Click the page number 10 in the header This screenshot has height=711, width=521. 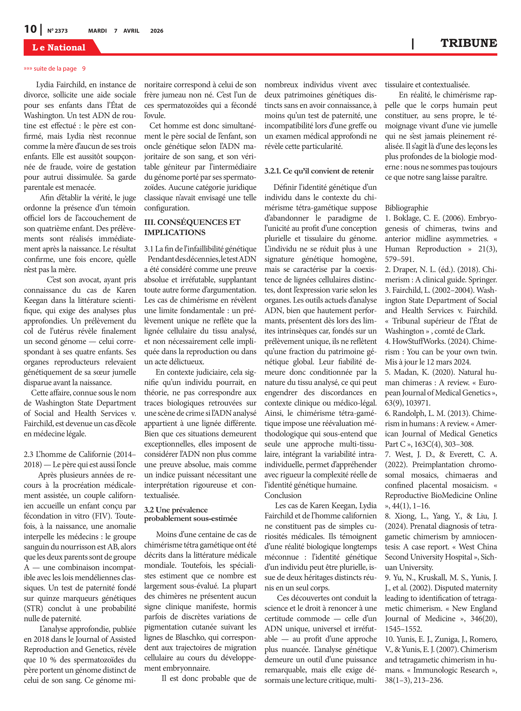click(30, 29)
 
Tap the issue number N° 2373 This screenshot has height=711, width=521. click(57, 31)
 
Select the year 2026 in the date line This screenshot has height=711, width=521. click(157, 31)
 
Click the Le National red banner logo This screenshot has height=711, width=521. click(59, 47)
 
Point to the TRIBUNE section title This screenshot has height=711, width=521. click(468, 43)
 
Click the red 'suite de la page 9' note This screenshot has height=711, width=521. click(54, 68)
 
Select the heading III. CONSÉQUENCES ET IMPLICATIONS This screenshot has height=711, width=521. click(192, 227)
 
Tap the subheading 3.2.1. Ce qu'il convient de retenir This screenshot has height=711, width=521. click(319, 171)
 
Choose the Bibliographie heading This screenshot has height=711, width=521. click(406, 208)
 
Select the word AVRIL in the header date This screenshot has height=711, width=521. click(131, 31)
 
